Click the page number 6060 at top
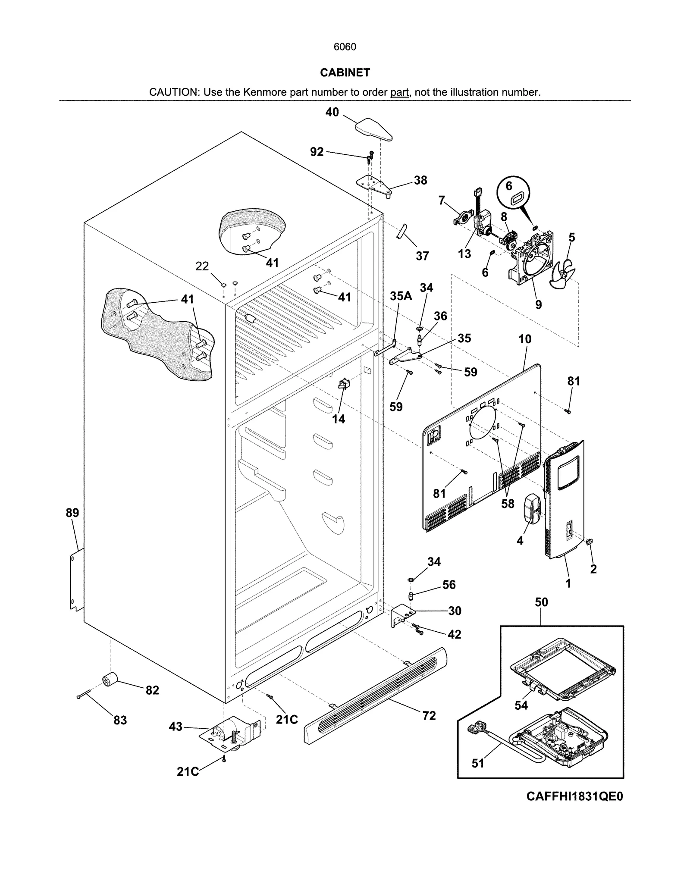345,47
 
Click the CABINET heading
345,73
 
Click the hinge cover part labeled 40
373,130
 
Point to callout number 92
317,152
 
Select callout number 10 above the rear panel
524,339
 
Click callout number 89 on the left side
72,513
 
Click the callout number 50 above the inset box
541,602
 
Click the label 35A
401,296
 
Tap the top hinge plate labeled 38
373,185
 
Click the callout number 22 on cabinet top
202,266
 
